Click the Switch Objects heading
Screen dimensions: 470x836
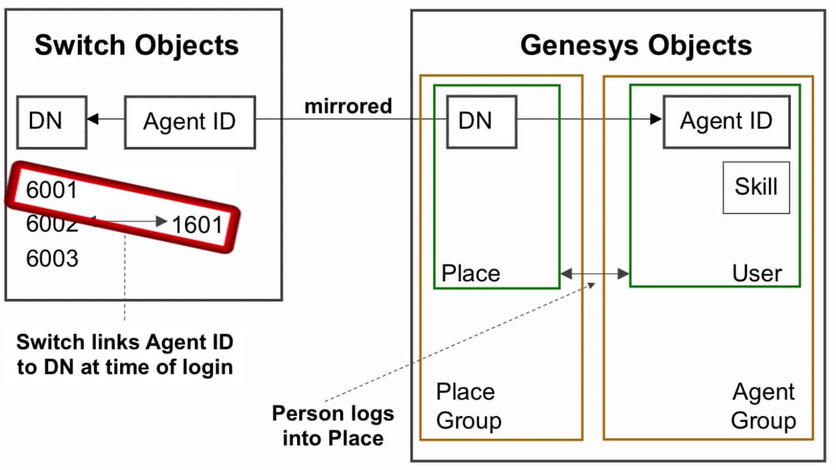(137, 46)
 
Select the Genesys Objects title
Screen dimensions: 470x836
(635, 46)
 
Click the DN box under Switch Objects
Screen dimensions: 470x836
(52, 121)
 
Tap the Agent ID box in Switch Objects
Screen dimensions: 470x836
(189, 122)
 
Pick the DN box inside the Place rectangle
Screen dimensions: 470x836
(481, 121)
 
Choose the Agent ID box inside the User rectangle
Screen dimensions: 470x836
(726, 121)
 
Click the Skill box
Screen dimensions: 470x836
(756, 187)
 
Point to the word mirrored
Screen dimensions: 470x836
(348, 106)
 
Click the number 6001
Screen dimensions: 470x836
(52, 190)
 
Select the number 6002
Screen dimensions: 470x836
(52, 225)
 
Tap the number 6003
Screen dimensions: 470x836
(52, 259)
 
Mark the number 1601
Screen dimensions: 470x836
(197, 225)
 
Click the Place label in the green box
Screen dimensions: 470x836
(470, 273)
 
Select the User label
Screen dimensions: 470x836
(756, 273)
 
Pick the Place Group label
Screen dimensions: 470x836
(468, 406)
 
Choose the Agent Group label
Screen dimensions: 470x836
(763, 406)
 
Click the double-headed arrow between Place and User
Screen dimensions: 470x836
(594, 274)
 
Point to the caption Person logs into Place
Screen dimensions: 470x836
(332, 425)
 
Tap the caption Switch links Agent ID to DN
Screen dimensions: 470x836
(124, 354)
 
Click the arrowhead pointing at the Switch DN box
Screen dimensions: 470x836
(93, 119)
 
